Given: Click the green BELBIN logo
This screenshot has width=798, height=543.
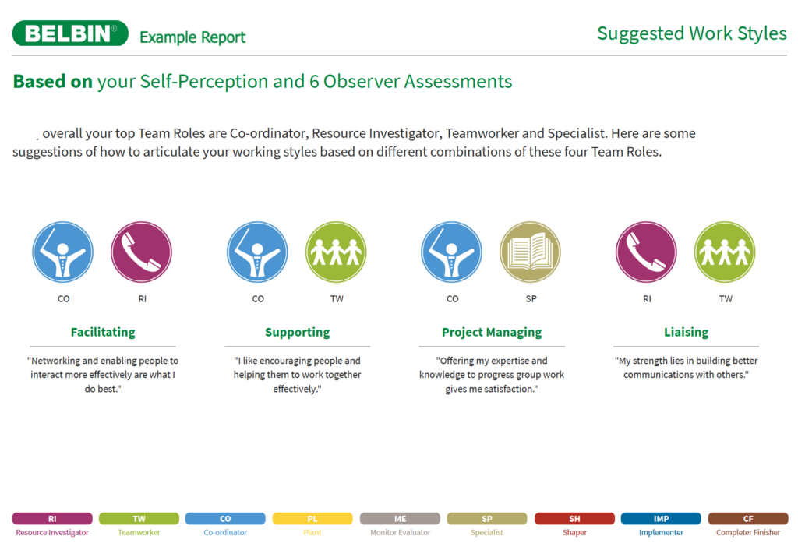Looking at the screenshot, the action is [x=70, y=33].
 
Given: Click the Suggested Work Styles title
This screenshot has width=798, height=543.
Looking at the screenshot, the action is [x=692, y=33].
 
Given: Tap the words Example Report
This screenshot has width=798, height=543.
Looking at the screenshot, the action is [x=192, y=37].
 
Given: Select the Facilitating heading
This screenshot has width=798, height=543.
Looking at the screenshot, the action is [x=103, y=332].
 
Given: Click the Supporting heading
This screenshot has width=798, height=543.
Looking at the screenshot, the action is [x=297, y=332].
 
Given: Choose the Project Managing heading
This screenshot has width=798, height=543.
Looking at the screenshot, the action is [x=492, y=332].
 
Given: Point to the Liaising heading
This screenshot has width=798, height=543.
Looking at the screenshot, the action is [x=686, y=332].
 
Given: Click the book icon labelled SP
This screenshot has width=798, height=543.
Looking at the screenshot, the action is [x=530, y=252].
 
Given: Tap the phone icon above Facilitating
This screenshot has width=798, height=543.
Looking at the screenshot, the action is [x=142, y=252].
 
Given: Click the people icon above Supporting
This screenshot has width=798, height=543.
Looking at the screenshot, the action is [x=336, y=252].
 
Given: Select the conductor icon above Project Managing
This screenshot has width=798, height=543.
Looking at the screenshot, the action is [x=451, y=252].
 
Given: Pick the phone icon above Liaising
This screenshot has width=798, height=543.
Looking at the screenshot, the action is [x=646, y=252].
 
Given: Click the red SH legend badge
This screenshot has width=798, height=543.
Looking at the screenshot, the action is [x=574, y=519].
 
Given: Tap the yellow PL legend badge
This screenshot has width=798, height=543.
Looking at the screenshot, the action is [x=312, y=519].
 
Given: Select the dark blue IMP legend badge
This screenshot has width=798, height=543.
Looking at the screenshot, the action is [x=661, y=519].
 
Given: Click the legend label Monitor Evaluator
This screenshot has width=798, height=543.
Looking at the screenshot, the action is [x=400, y=532].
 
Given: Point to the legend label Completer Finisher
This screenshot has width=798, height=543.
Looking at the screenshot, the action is [x=748, y=532].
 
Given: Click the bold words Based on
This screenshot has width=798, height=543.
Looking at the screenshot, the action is [x=53, y=82].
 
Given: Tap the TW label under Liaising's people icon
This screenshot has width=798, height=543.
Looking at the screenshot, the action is [x=726, y=298].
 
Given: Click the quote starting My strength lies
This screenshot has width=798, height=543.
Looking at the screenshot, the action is [x=686, y=368].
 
